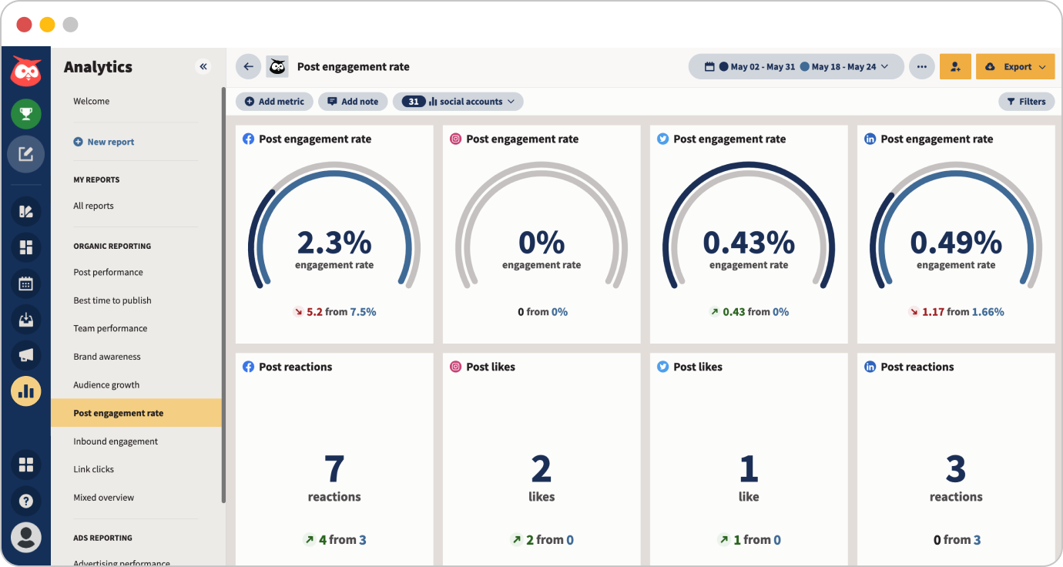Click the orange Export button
coord(1014,67)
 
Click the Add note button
coord(353,102)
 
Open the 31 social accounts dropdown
coord(458,102)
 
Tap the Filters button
coord(1026,102)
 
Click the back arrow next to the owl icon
coord(248,67)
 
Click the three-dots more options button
coord(921,67)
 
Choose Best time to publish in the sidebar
coord(112,300)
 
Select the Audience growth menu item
coord(106,385)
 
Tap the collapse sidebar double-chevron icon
coord(203,67)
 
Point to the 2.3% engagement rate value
coord(334,243)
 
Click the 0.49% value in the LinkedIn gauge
coord(956,243)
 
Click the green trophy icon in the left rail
coord(25,114)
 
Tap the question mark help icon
coord(25,501)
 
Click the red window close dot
coord(25,25)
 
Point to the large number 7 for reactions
coord(334,468)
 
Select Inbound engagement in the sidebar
coord(116,441)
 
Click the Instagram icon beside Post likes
coord(456,367)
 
